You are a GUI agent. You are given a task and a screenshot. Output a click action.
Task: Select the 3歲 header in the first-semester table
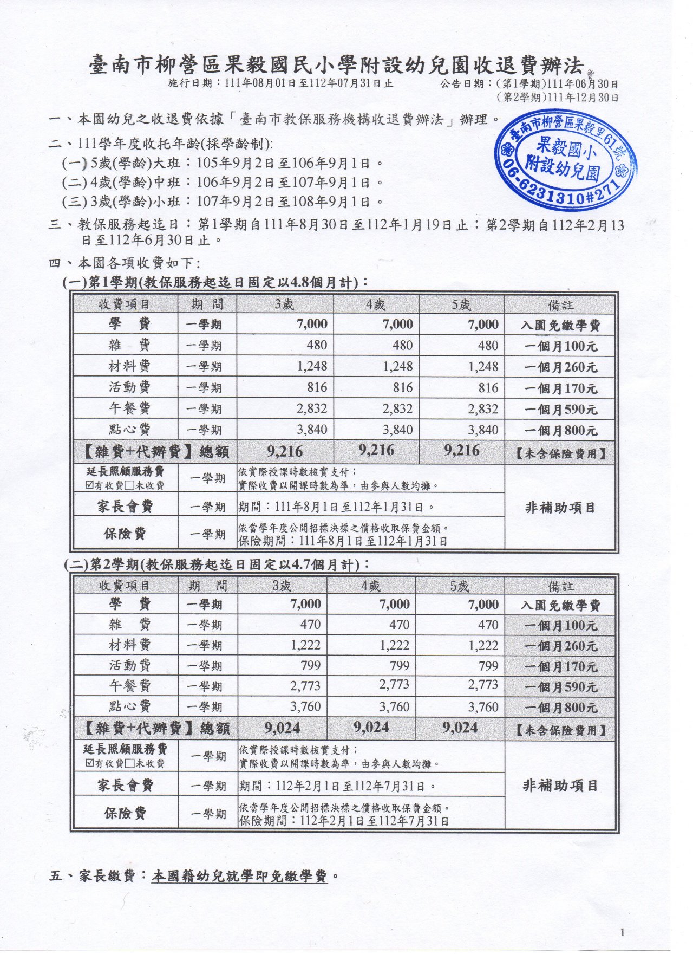(284, 304)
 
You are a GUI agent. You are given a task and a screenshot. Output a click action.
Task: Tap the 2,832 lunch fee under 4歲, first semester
(397, 408)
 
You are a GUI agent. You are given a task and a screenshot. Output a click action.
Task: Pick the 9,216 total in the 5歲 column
(461, 451)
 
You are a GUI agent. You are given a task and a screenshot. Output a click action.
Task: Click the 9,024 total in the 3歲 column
(282, 728)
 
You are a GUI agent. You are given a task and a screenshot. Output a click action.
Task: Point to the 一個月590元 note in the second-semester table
(560, 687)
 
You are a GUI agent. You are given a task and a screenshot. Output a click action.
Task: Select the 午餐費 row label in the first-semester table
(129, 408)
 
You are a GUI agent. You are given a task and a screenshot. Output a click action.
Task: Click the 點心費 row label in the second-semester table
(129, 706)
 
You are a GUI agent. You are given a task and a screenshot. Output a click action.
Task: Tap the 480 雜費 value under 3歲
(317, 346)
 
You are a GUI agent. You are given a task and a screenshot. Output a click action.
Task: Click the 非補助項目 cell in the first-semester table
(560, 508)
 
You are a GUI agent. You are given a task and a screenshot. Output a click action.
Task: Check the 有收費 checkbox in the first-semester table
(90, 486)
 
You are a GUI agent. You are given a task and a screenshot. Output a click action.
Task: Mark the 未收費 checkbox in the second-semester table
(130, 764)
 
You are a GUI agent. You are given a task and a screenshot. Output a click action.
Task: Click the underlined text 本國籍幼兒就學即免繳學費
(240, 876)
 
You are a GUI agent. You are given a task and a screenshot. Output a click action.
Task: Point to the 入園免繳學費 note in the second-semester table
(560, 605)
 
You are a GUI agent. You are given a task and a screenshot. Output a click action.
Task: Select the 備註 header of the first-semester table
(560, 305)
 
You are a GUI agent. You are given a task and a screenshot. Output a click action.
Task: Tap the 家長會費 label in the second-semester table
(125, 786)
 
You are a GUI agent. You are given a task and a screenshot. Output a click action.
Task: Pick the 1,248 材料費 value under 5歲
(483, 367)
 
